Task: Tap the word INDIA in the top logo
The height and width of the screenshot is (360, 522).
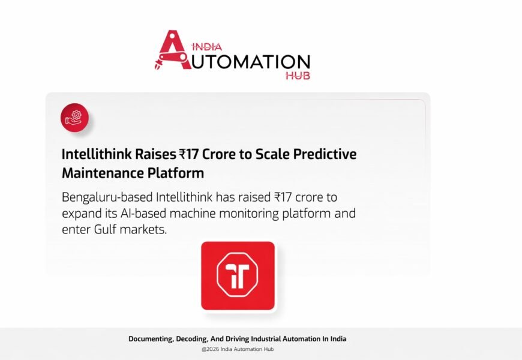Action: point(207,46)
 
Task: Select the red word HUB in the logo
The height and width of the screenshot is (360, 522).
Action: point(299,76)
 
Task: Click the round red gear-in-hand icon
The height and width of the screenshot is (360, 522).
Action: point(74,117)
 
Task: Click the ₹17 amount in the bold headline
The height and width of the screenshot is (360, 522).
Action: point(190,154)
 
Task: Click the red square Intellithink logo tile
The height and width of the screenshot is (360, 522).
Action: point(238,275)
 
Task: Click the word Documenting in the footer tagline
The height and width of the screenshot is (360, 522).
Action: point(150,339)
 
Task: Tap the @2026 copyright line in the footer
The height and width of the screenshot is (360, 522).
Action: point(238,349)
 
